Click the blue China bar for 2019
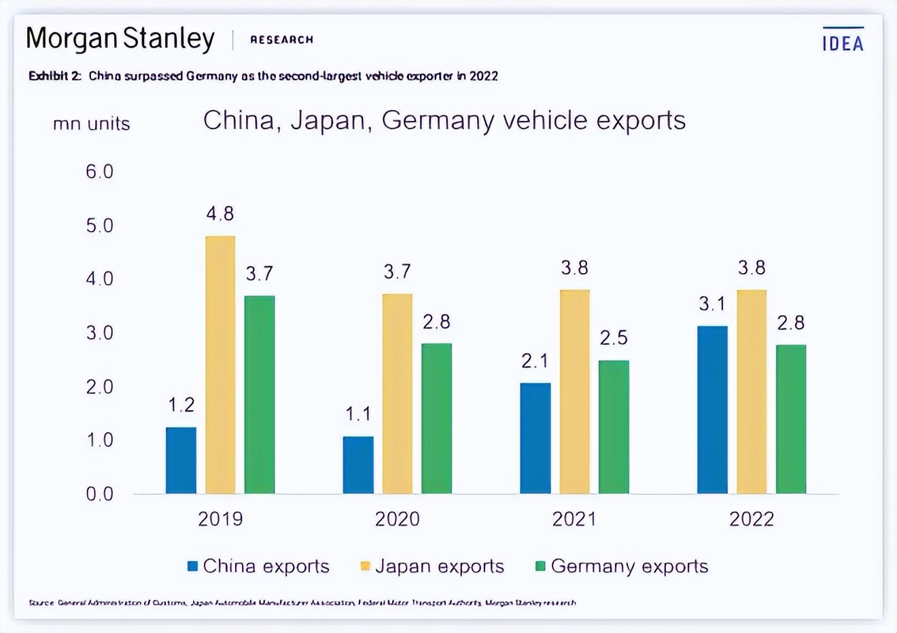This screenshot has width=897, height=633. click(181, 460)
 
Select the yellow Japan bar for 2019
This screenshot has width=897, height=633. click(220, 365)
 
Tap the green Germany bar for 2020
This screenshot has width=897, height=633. click(436, 418)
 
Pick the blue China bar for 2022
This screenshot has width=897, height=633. click(712, 410)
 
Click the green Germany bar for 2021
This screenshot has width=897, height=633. click(614, 427)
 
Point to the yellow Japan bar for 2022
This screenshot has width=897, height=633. click(752, 392)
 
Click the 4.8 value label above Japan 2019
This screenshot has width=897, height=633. click(220, 214)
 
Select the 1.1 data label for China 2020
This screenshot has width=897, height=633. click(358, 414)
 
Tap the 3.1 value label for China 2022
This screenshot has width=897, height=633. click(712, 304)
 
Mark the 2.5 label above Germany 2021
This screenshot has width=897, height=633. click(614, 338)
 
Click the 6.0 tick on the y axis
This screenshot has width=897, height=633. click(99, 172)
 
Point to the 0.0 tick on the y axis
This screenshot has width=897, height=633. click(99, 494)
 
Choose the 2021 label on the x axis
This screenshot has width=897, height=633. click(574, 520)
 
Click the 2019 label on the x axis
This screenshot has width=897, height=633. click(220, 520)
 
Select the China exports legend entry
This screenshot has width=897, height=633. click(258, 566)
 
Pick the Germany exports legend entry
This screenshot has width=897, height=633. click(622, 566)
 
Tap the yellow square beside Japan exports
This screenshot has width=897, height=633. click(365, 566)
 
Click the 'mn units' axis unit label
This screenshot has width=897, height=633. click(92, 124)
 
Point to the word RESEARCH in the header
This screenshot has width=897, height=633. click(281, 40)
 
